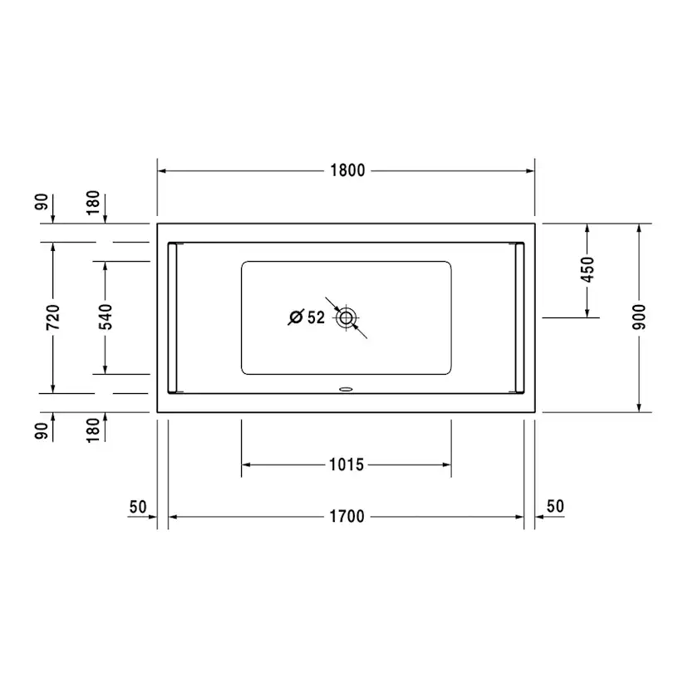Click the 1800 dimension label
click(x=347, y=170)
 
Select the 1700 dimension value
click(x=346, y=517)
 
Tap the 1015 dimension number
click(x=346, y=464)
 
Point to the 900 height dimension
click(x=639, y=317)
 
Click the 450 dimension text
click(x=587, y=270)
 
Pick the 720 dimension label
click(x=53, y=317)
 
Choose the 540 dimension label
click(x=106, y=317)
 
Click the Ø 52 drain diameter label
click(x=307, y=317)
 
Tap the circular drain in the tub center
click(x=346, y=317)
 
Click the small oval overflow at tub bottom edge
click(x=346, y=388)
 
